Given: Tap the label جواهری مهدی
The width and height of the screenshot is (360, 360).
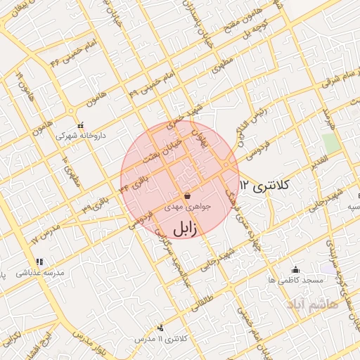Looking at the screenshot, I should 182,208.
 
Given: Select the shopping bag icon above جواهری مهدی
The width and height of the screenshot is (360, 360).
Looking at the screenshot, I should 186,196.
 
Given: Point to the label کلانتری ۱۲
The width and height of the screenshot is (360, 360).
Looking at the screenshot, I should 264,186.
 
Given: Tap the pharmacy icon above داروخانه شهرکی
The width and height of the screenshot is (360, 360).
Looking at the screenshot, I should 79,124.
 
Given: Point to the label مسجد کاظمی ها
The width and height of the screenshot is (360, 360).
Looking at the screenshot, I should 295,279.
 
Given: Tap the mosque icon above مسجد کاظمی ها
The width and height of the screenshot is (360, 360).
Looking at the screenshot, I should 295,269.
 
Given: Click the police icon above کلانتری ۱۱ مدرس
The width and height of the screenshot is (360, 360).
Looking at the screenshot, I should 162,328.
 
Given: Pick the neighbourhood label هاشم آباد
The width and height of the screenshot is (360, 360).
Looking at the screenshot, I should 312,304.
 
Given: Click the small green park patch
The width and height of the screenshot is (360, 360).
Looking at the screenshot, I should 331,143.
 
